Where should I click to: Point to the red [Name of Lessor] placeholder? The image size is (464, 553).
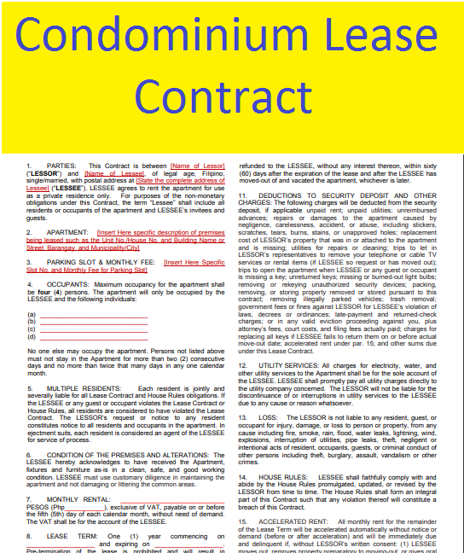pos(197,166)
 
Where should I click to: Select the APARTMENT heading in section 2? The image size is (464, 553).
pos(69,232)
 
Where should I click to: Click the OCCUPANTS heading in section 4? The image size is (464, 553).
pos(70,284)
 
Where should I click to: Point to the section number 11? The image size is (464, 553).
pos(242,195)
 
